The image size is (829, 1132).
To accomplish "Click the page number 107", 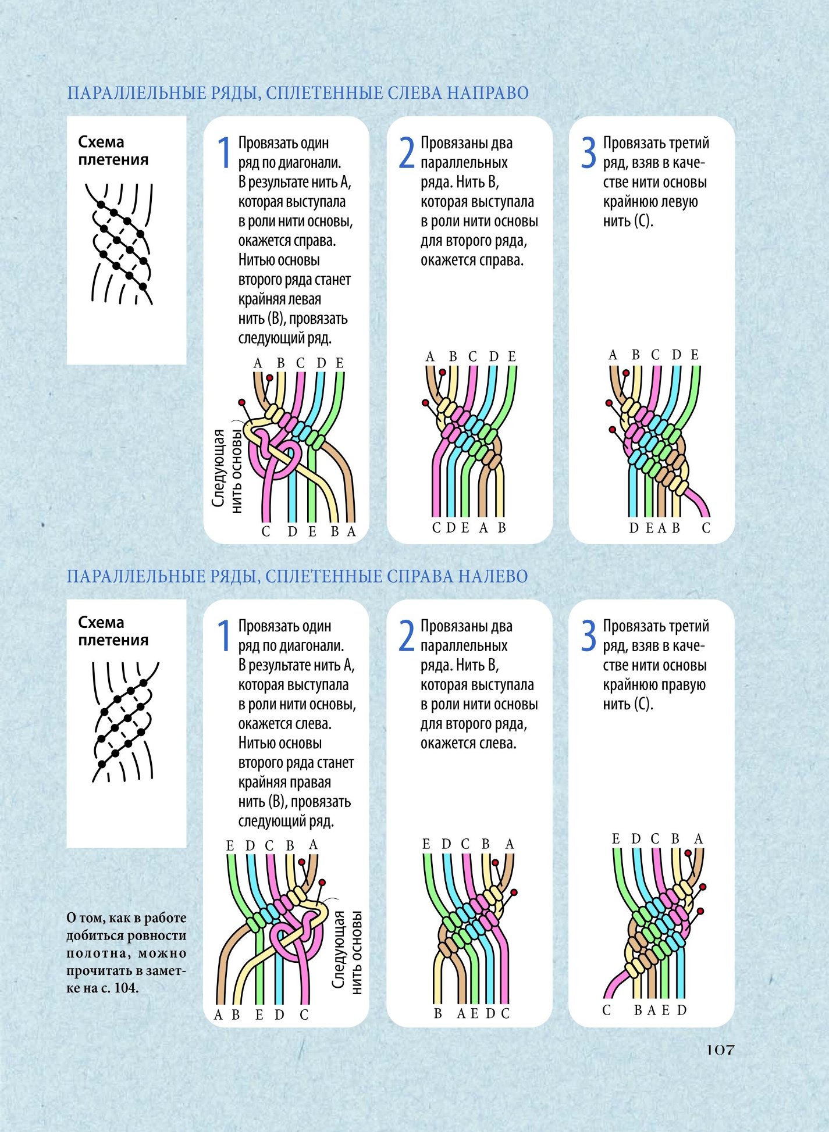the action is point(720,1050).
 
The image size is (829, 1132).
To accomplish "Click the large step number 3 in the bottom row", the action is point(589,635).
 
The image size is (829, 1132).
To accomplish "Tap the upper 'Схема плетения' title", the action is point(113,151).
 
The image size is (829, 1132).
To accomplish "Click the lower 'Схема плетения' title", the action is point(113,631).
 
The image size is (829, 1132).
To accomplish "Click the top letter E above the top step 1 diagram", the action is point(339,363).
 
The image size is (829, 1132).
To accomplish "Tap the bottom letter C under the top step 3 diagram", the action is point(706,528).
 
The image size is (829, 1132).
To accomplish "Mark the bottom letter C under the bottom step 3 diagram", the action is point(607,1010).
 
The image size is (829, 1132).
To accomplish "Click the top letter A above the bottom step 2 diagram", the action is point(510,844).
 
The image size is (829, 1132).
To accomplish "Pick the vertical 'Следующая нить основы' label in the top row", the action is point(227,470).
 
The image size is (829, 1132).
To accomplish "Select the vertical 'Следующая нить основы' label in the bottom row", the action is point(347,953).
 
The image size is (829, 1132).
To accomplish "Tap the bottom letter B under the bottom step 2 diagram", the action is point(438,1013).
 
